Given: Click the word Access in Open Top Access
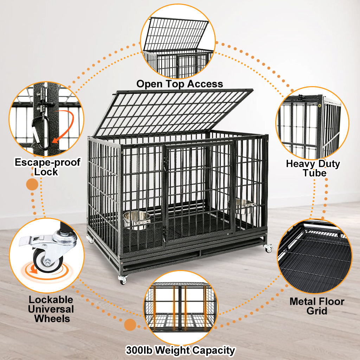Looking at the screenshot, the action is (x=205, y=84).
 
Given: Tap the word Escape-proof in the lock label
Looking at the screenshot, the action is (x=47, y=162).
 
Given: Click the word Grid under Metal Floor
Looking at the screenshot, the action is (x=317, y=311).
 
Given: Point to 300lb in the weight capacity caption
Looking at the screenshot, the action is (x=139, y=351).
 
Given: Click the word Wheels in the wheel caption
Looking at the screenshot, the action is (x=52, y=319).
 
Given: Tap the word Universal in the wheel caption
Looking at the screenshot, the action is (x=51, y=309).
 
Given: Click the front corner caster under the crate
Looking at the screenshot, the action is (x=123, y=280).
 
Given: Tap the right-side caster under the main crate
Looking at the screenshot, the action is (x=268, y=248).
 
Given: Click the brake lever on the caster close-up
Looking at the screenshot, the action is (x=30, y=240).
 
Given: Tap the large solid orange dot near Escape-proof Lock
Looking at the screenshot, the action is (x=32, y=184).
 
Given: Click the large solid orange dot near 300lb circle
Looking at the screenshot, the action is (x=130, y=324).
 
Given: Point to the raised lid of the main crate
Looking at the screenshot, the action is (x=173, y=113).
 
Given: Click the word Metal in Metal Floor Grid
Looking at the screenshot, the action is (x=302, y=301).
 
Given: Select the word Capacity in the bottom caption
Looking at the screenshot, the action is (x=213, y=351).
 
